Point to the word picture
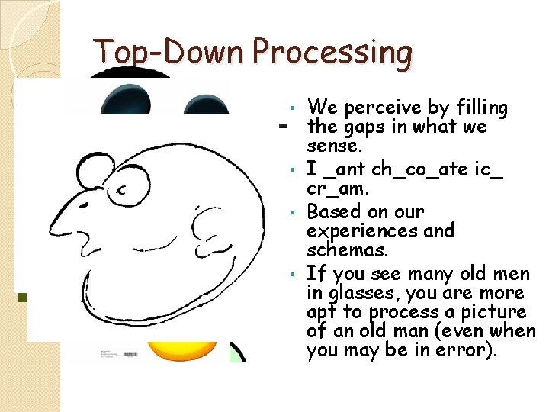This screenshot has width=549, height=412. coord(496,312)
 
